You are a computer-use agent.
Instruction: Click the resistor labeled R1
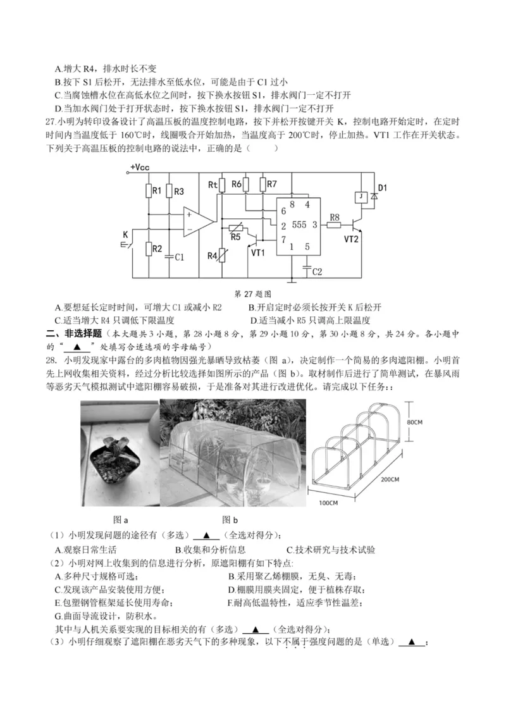[149, 190]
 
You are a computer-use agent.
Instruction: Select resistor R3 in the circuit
[169, 190]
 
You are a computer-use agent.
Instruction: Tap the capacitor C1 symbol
[170, 257]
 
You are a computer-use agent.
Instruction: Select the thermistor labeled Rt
[221, 185]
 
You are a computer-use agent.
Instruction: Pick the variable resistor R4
[222, 256]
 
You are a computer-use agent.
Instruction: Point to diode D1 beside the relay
[374, 197]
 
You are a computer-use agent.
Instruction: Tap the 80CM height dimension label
[415, 421]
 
